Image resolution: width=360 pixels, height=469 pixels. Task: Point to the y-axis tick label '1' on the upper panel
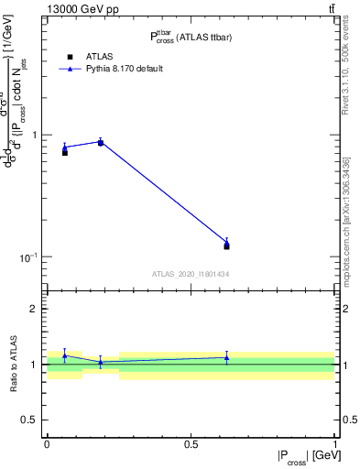pos(36,135)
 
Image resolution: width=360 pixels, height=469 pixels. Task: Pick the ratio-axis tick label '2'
pos(36,309)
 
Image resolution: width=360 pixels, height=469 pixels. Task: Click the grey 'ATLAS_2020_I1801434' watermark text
pos(191,273)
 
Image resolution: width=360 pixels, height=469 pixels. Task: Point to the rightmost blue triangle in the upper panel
pos(226,242)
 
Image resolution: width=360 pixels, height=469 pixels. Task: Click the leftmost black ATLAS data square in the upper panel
pos(64,152)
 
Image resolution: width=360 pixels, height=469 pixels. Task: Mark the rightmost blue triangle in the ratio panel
pos(226,357)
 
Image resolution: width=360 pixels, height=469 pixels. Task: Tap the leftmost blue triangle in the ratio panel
pos(64,354)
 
